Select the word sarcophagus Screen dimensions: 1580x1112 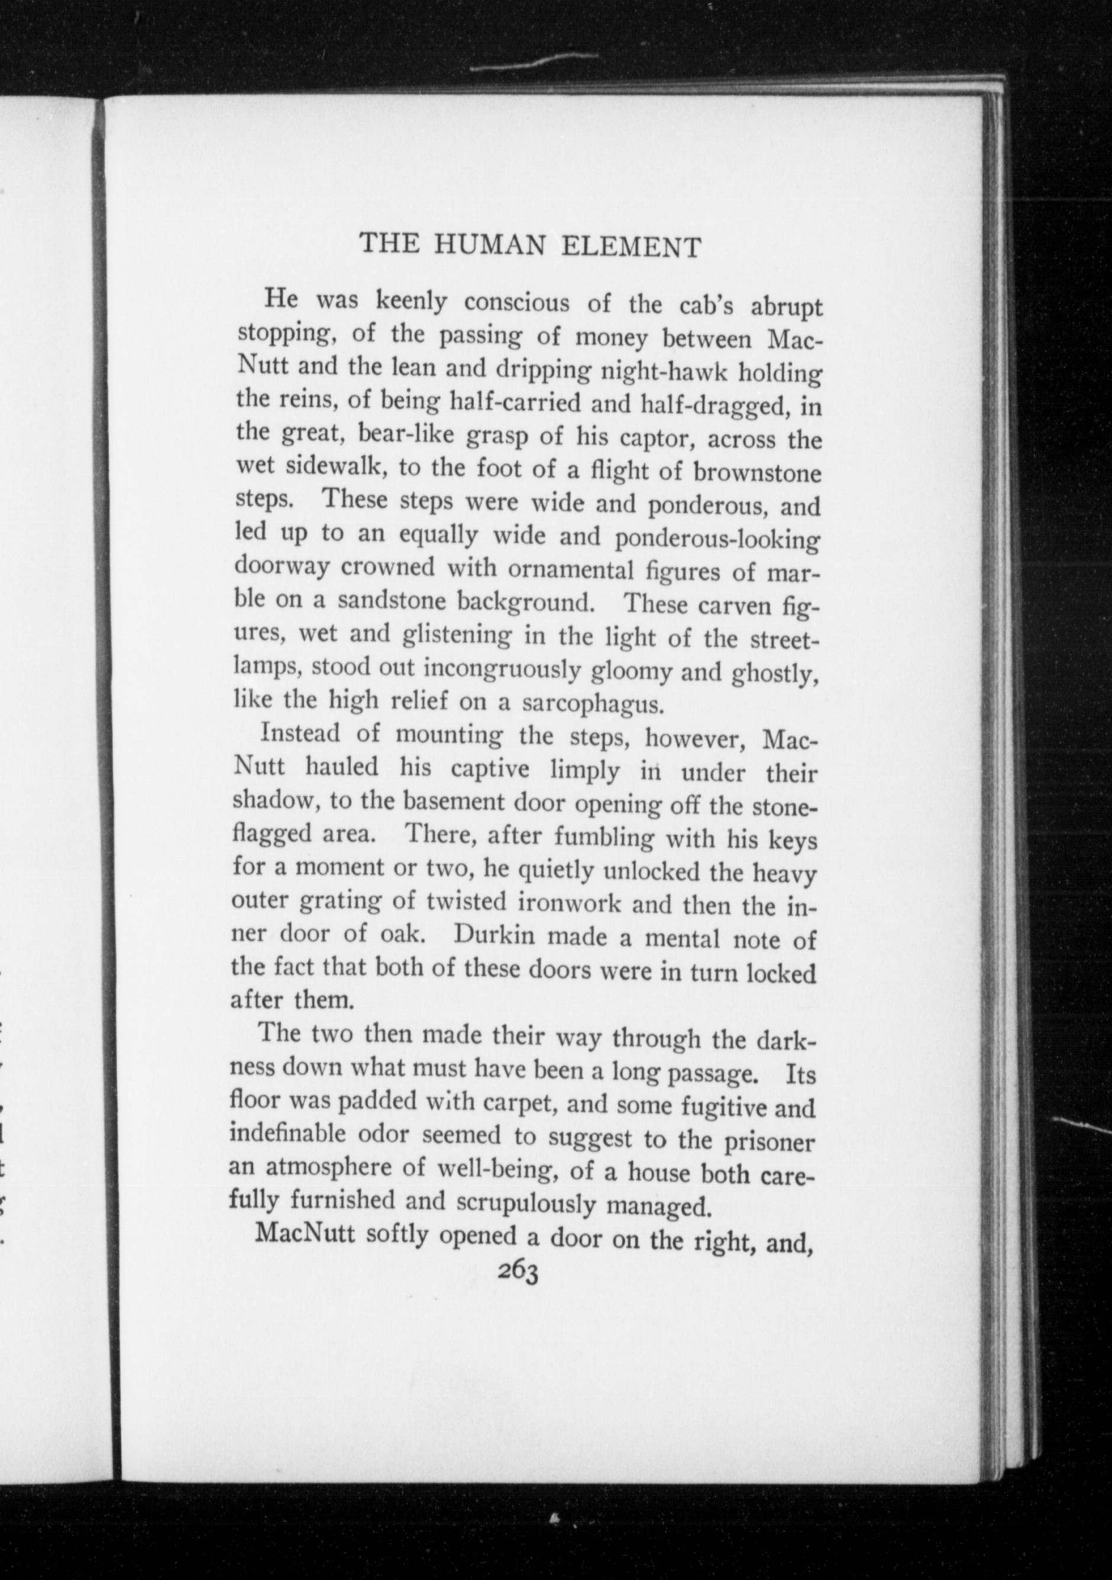(593, 704)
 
